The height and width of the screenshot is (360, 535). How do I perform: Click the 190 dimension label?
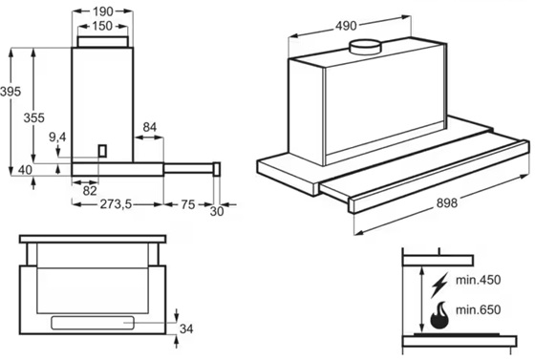click(103, 11)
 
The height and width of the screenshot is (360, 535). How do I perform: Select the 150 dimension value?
click(102, 26)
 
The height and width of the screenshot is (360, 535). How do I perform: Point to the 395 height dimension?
click(11, 92)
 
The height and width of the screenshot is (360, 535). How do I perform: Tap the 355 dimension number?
click(33, 118)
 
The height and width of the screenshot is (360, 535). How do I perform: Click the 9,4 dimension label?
click(57, 138)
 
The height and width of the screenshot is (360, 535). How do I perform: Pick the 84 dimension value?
click(149, 127)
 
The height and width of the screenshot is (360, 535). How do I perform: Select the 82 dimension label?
click(90, 191)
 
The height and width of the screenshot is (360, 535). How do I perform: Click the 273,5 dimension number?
click(116, 204)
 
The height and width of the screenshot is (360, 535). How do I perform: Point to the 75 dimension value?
click(188, 204)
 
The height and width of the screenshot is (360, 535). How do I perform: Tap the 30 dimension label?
click(217, 212)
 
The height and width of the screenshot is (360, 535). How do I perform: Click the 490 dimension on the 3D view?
click(346, 26)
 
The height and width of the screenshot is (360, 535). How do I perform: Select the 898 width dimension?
click(447, 203)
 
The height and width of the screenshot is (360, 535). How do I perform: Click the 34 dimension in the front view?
click(186, 329)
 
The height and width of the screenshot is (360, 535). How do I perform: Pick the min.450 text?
click(478, 280)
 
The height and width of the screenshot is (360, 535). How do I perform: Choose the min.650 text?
click(478, 309)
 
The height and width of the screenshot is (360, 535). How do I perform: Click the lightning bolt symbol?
click(439, 285)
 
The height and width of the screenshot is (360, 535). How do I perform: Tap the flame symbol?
click(439, 315)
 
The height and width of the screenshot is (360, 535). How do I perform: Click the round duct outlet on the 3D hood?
click(365, 47)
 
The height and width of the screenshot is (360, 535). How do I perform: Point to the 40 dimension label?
click(25, 170)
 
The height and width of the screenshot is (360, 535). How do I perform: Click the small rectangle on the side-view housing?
click(102, 151)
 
